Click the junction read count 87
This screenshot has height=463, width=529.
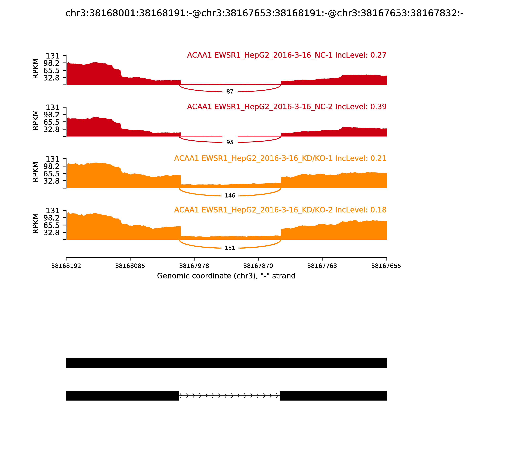click(x=230, y=92)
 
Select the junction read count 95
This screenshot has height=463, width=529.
click(x=230, y=142)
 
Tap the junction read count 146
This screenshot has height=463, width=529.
click(x=230, y=196)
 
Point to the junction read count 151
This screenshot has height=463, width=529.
click(x=230, y=248)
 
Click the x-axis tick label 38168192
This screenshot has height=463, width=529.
click(x=66, y=266)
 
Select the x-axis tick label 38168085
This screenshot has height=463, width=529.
click(x=130, y=266)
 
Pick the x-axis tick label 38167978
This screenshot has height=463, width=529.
click(x=194, y=266)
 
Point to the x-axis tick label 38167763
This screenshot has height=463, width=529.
click(x=322, y=266)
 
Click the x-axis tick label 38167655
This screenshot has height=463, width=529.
click(x=386, y=266)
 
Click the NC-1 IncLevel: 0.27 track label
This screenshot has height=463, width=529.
click(x=286, y=55)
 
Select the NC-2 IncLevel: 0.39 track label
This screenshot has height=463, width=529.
click(x=286, y=107)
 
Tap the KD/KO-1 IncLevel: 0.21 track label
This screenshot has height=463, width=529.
click(x=280, y=158)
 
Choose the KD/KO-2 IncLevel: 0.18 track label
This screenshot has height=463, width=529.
click(x=280, y=210)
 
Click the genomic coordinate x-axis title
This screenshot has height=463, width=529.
click(x=226, y=276)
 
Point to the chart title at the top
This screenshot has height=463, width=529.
click(x=264, y=13)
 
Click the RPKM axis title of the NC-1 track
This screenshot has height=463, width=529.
click(x=36, y=69)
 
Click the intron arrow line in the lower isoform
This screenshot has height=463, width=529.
click(x=230, y=396)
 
